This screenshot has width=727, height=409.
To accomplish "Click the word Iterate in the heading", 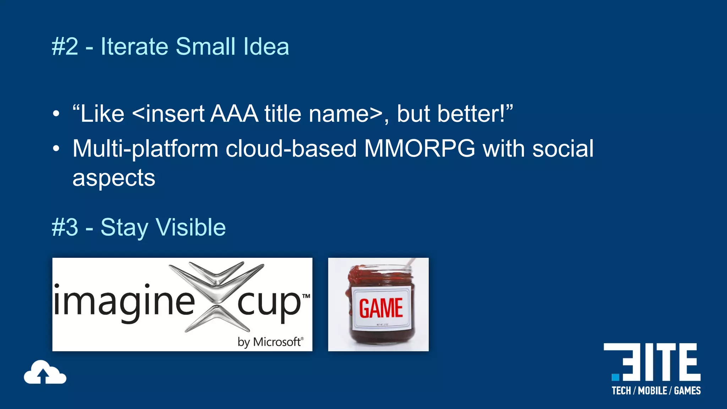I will [x=134, y=47].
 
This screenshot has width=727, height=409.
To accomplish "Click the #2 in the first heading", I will [x=65, y=47].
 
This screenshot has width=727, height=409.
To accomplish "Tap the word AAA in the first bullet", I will [x=234, y=114].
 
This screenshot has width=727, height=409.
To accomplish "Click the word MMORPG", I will [x=420, y=148].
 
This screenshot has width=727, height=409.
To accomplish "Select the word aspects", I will [x=114, y=178].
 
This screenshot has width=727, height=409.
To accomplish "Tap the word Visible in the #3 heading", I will [x=191, y=227].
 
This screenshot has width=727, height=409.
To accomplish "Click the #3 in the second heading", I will [x=65, y=227].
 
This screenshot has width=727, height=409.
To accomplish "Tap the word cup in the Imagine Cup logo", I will [x=269, y=304].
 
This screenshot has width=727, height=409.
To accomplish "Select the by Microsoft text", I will [x=270, y=342].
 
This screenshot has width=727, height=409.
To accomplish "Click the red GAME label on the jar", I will [x=381, y=308].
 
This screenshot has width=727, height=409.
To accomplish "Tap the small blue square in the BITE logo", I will [x=615, y=377].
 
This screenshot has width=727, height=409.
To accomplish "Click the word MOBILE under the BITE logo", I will [x=652, y=391].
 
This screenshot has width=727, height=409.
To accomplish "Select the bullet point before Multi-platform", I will [x=56, y=149].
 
